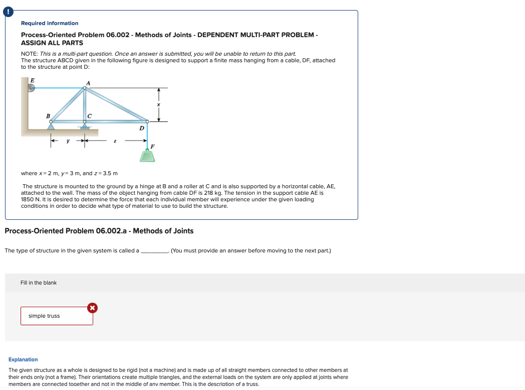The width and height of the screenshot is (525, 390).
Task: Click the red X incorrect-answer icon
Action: click(x=92, y=308)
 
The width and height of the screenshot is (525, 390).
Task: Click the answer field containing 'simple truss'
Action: click(x=56, y=316)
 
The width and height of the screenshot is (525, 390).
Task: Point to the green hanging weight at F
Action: click(x=147, y=156)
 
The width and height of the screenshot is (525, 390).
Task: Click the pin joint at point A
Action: click(x=85, y=88)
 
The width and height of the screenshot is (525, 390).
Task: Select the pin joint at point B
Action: click(x=51, y=121)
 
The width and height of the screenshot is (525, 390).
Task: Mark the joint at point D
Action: click(x=147, y=121)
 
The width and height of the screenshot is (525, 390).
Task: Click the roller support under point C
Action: click(x=85, y=126)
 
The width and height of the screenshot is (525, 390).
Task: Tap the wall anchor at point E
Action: click(x=31, y=88)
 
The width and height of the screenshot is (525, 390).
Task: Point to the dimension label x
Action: click(x=159, y=104)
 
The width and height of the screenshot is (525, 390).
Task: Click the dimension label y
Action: click(x=68, y=142)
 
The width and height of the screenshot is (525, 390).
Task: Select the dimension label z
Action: click(x=115, y=142)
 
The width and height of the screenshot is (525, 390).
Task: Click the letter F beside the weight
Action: click(x=153, y=146)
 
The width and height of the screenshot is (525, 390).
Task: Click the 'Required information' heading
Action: click(x=50, y=23)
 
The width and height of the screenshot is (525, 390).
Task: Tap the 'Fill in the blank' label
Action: click(x=39, y=283)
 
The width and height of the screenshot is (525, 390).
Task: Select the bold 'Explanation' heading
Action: click(x=23, y=359)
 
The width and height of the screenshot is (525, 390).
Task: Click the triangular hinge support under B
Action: click(x=51, y=126)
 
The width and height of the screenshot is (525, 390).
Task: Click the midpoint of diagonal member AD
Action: click(x=116, y=104)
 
